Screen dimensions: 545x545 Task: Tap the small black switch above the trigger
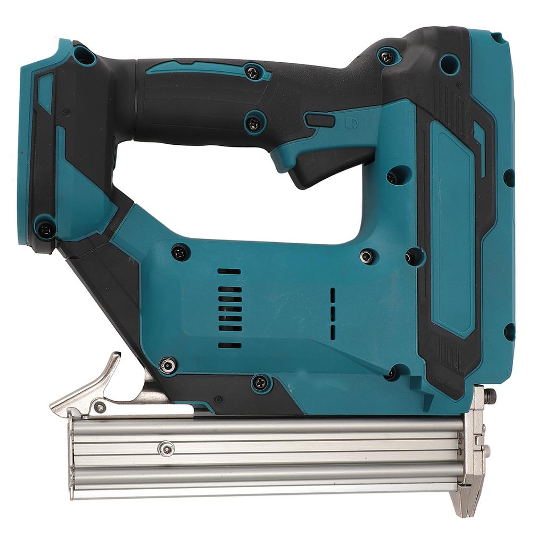[320, 120]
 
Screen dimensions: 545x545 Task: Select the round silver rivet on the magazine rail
[167, 449]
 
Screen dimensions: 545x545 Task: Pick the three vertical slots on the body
[333, 314]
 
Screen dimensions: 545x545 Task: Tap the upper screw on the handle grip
[253, 72]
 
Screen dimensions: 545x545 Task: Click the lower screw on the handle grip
[254, 123]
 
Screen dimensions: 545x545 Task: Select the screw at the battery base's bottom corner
[46, 229]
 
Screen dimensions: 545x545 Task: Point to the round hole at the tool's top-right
[450, 64]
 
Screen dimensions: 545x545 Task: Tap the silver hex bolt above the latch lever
[168, 365]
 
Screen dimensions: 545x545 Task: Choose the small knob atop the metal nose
[490, 395]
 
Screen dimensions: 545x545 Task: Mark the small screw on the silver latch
[100, 408]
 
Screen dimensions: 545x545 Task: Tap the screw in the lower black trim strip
[260, 382]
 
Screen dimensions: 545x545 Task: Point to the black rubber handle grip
[202, 101]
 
